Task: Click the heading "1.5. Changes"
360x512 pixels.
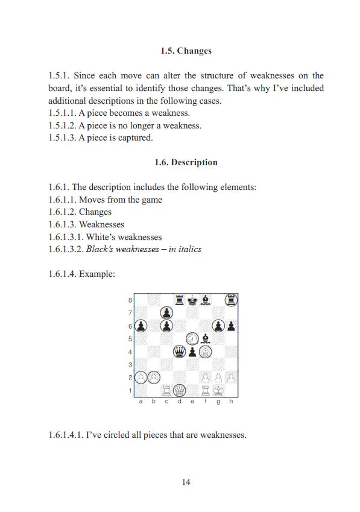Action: (x=186, y=51)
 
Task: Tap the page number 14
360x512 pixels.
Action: (x=186, y=482)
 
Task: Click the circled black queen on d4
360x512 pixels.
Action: (x=179, y=351)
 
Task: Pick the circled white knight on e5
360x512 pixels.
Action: (x=192, y=338)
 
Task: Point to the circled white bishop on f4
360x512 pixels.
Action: (x=206, y=351)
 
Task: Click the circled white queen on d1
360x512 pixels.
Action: (x=179, y=390)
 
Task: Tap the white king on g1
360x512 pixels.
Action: (x=218, y=390)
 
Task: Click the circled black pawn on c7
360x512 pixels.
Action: (x=166, y=312)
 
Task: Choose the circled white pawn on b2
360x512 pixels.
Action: (x=153, y=377)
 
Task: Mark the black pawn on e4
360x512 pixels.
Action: (x=192, y=351)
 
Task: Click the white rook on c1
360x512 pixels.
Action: (x=166, y=390)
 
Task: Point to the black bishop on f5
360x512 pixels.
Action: (x=206, y=338)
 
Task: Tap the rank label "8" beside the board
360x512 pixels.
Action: (x=130, y=300)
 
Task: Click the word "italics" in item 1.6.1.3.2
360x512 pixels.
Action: (x=188, y=249)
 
